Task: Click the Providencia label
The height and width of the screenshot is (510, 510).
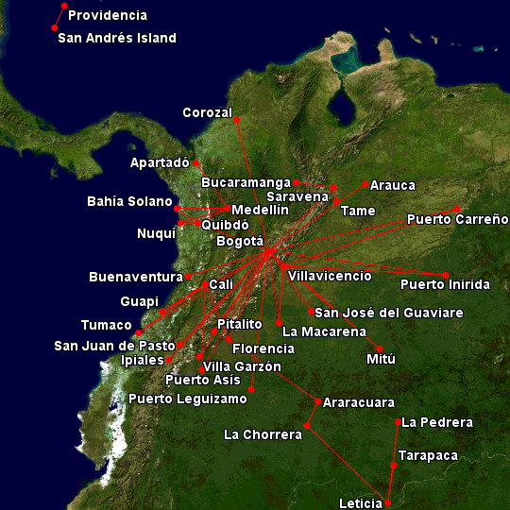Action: [108, 16]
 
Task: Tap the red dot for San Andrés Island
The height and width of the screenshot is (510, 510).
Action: [55, 28]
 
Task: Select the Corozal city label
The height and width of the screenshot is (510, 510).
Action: [207, 113]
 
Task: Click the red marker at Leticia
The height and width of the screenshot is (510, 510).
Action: [387, 502]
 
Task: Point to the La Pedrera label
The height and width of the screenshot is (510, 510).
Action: [437, 423]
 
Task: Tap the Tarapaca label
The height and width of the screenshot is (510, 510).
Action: [428, 456]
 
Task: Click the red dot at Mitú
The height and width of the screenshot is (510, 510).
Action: [380, 348]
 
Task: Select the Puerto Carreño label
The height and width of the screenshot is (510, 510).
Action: [457, 220]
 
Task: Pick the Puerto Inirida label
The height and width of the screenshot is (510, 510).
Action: [445, 284]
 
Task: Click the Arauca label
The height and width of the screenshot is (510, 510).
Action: [393, 186]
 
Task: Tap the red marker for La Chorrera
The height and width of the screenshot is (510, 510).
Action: [306, 427]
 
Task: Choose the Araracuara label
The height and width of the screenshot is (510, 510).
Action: [359, 403]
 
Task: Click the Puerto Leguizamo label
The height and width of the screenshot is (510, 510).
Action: [188, 399]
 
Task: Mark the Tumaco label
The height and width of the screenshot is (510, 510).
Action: [107, 325]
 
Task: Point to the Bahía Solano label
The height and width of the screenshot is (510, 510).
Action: [129, 202]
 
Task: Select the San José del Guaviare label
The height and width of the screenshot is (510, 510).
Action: [389, 313]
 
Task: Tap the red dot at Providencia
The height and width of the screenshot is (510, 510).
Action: [64, 7]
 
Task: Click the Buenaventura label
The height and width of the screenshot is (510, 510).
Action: [135, 278]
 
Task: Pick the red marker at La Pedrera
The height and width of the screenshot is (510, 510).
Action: [398, 423]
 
